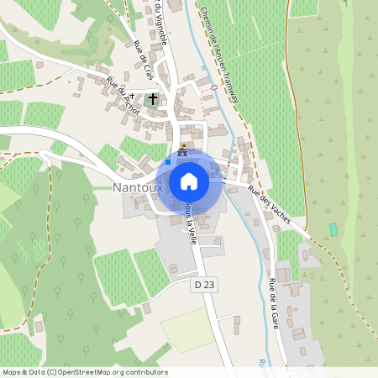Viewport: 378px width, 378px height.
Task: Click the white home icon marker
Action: coord(189,181)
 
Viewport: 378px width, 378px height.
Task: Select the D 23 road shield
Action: coord(204,286)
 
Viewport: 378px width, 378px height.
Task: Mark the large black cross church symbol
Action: coord(153,100)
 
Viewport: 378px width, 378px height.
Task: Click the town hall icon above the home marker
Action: coord(183,147)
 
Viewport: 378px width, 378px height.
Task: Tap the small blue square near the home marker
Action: coord(168,160)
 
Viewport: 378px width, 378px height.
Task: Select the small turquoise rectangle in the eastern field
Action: coord(333,229)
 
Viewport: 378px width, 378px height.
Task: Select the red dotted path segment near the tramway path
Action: coord(207,87)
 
